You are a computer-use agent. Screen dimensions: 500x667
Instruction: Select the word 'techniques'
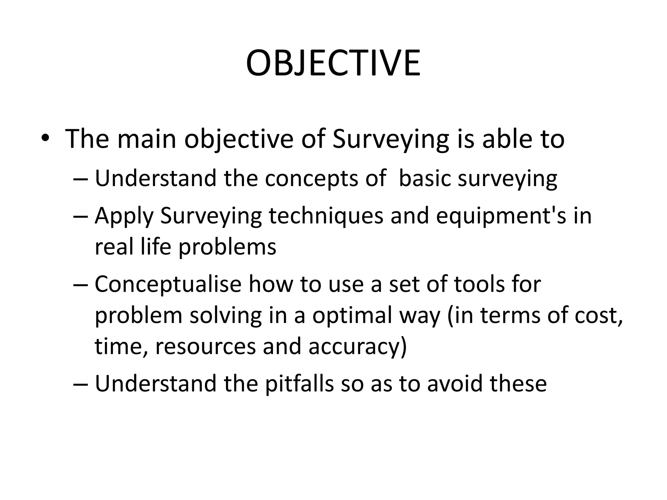click(x=326, y=216)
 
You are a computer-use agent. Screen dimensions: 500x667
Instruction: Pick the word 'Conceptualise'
click(x=168, y=284)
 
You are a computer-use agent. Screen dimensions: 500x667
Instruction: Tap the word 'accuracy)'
click(x=358, y=347)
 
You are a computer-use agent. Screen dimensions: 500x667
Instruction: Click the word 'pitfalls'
click(x=299, y=383)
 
